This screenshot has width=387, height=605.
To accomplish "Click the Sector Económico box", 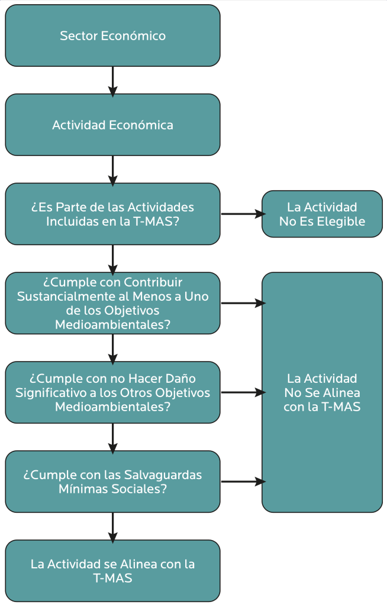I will (x=112, y=35).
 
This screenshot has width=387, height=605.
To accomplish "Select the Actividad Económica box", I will (x=112, y=125).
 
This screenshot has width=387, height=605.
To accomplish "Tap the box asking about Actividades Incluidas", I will (x=112, y=214).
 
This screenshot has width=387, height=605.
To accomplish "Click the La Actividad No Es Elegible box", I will (x=322, y=214).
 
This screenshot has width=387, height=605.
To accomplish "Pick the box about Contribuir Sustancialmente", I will (x=112, y=303).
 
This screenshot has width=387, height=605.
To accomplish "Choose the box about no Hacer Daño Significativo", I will (x=112, y=392).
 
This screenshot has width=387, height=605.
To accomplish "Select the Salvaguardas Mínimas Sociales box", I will (x=112, y=482).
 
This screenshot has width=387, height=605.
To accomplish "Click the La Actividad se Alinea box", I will (x=112, y=571).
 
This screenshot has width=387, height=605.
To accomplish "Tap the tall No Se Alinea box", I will (x=322, y=392).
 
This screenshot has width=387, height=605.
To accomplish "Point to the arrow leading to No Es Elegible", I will (x=241, y=214).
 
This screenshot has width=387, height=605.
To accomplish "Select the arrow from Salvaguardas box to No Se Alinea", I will (x=241, y=482).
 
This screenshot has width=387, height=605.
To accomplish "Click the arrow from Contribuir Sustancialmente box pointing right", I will (x=241, y=303).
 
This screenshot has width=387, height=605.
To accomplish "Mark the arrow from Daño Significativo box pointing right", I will (x=241, y=392).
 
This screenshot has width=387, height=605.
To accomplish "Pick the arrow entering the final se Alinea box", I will (x=112, y=526).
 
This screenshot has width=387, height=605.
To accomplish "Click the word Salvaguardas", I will (x=162, y=474).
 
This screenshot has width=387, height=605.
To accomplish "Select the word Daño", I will (x=180, y=378).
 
